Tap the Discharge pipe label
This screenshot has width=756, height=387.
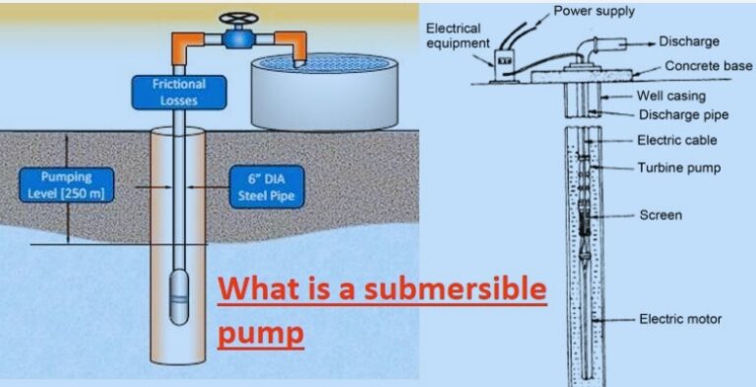pos(683,114)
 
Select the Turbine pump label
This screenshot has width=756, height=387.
pos(678,167)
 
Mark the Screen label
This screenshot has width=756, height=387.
pos(660,214)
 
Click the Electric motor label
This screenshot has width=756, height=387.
pos(679,318)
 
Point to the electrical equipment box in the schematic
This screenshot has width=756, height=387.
pos(507,61)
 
